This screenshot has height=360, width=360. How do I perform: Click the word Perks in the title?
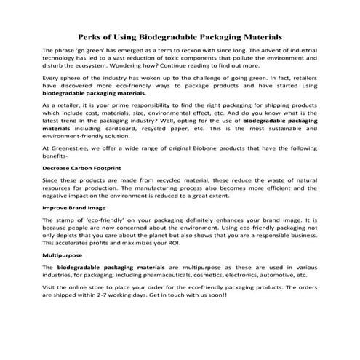coord(91,36)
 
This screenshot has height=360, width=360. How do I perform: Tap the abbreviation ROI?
coord(180,244)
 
